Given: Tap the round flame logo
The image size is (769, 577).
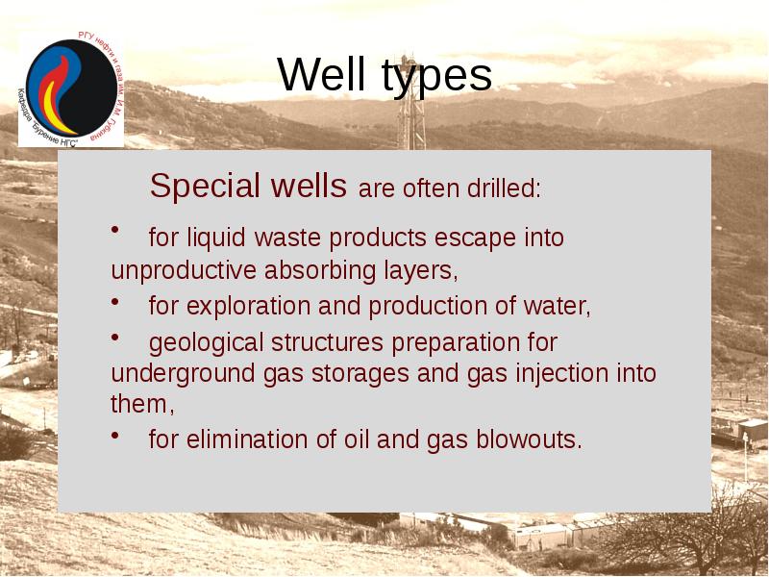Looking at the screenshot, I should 70,87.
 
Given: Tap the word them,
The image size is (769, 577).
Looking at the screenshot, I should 142,404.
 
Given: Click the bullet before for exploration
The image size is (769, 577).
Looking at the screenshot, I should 115,302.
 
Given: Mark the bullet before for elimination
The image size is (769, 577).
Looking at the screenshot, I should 115,436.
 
